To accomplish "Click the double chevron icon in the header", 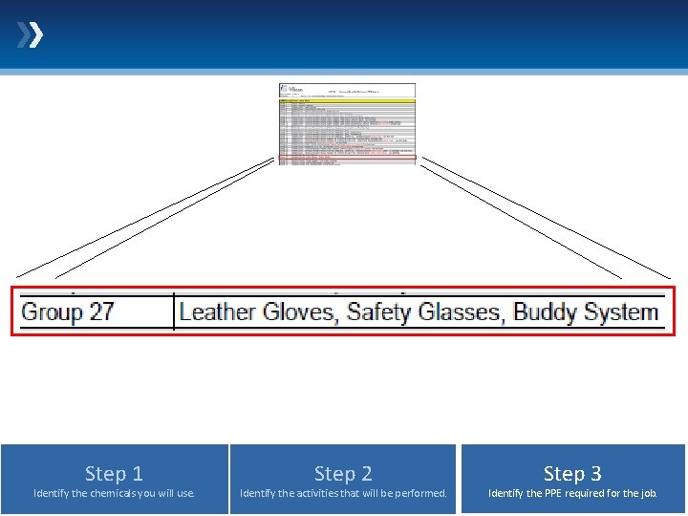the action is click(30, 36).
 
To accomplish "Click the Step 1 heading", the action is click(114, 473).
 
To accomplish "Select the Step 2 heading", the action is click(343, 473).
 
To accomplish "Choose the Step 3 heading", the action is click(572, 473).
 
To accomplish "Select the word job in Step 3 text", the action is click(648, 494).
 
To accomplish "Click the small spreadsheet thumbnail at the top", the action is click(348, 124).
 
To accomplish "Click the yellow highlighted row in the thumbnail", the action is click(348, 100).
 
